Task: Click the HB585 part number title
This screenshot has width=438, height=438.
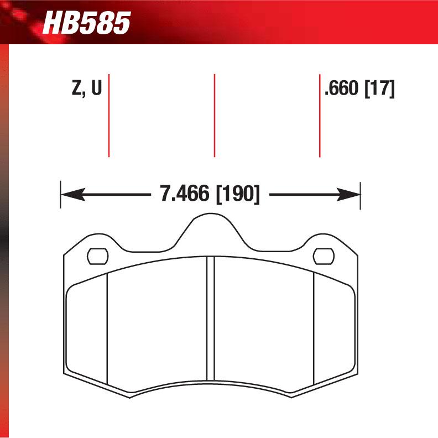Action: tap(86, 24)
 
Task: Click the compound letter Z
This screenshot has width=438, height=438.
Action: tap(77, 88)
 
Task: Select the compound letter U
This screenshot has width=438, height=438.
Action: tap(96, 88)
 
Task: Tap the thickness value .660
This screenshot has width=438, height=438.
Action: tap(341, 88)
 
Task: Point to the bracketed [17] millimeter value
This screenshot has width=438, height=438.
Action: tap(379, 88)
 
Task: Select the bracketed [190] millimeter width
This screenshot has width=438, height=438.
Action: tap(237, 194)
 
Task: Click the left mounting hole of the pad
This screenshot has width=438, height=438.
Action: tap(98, 256)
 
